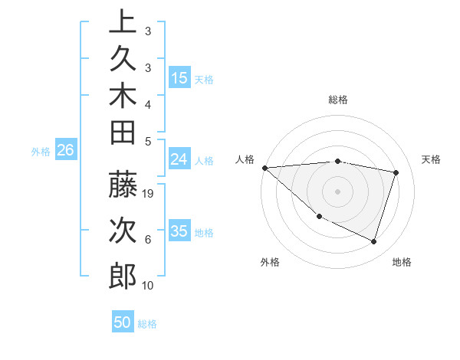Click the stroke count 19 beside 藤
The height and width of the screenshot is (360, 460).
click(x=149, y=194)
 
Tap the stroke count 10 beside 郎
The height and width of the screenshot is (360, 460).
click(x=149, y=286)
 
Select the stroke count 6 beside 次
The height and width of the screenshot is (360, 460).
click(x=148, y=240)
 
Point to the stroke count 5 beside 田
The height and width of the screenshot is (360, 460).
click(x=148, y=141)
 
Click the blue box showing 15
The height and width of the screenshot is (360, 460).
click(x=179, y=77)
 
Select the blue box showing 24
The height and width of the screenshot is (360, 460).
click(x=179, y=159)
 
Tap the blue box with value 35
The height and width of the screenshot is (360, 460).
click(x=179, y=231)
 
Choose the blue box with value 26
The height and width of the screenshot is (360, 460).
click(x=65, y=151)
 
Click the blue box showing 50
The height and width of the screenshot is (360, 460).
click(x=123, y=322)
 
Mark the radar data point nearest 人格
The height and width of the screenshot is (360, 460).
click(x=264, y=168)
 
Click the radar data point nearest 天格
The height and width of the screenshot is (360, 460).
click(x=396, y=172)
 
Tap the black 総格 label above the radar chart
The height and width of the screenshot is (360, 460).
click(x=338, y=100)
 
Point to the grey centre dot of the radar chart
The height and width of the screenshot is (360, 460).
click(x=337, y=191)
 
